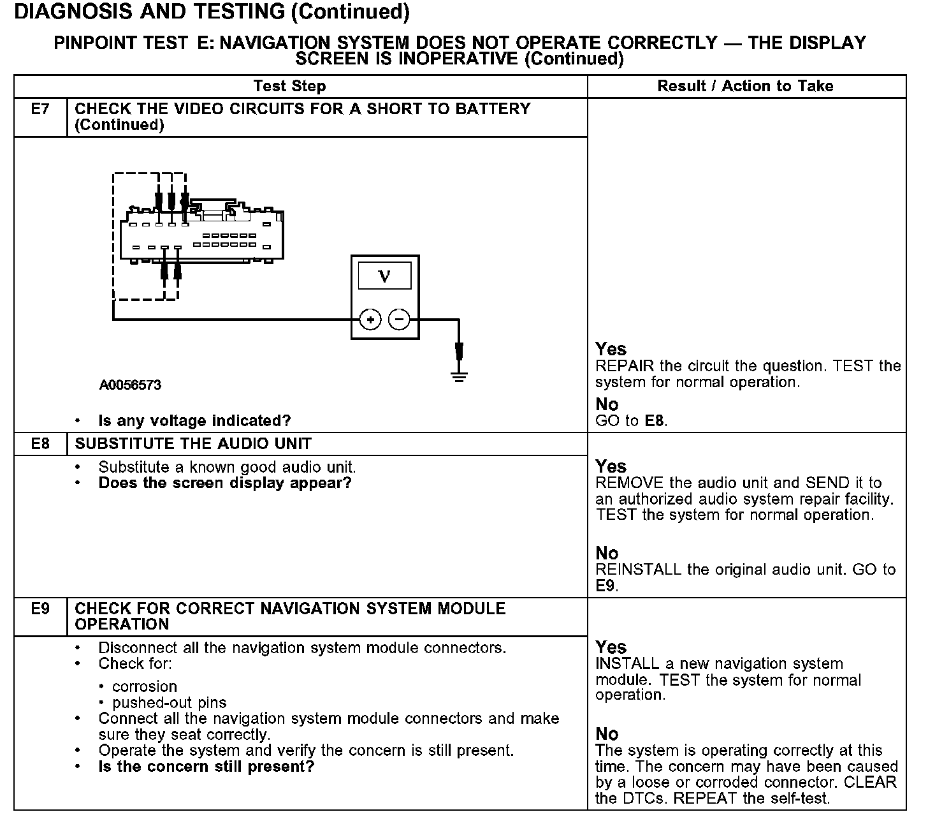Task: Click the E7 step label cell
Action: (40, 110)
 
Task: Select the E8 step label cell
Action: (40, 443)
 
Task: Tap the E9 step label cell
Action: (40, 609)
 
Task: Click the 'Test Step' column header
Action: (289, 86)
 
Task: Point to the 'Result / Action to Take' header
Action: (745, 86)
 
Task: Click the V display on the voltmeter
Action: (384, 276)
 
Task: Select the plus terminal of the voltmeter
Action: (370, 319)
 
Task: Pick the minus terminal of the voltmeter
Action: (400, 319)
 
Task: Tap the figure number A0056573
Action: (130, 385)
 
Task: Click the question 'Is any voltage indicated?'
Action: (194, 421)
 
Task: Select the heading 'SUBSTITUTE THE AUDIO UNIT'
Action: (193, 443)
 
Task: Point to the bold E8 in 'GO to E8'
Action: (655, 421)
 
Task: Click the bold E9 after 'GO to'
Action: (605, 586)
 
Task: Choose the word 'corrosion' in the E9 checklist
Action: (145, 687)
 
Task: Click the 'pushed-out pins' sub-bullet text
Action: (169, 703)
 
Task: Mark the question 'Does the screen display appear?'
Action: (225, 483)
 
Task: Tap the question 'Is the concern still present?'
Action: (207, 766)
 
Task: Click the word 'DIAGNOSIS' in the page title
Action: (71, 11)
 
